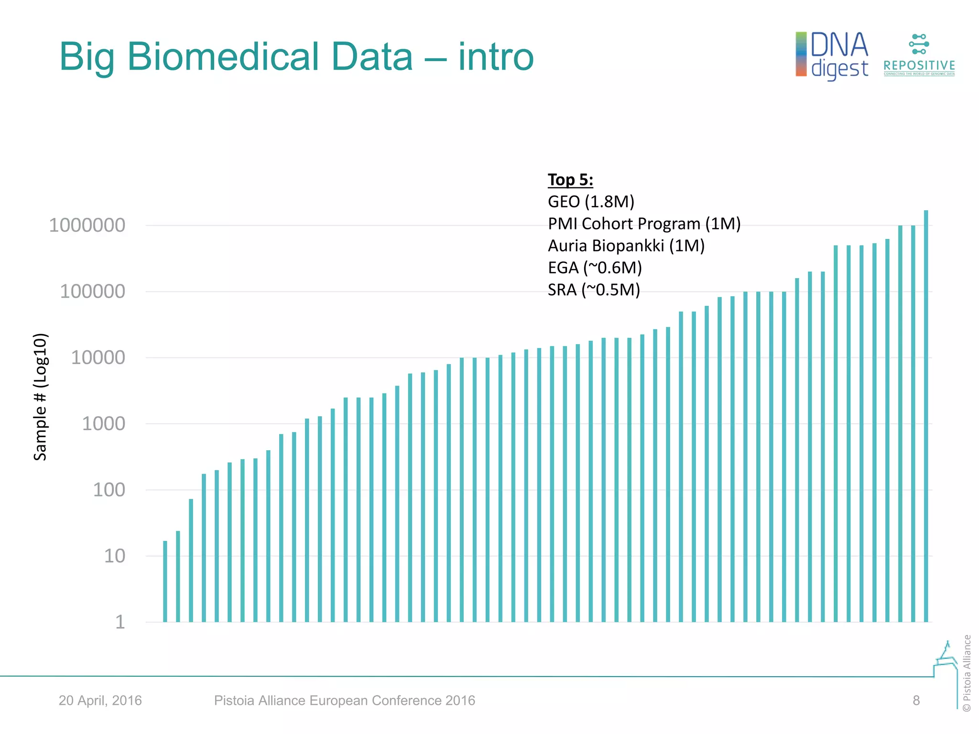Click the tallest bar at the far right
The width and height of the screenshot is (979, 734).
[926, 416]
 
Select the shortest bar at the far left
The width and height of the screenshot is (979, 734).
[165, 581]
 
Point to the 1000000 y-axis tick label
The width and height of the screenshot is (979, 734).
[87, 225]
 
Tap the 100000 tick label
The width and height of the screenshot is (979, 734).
[92, 291]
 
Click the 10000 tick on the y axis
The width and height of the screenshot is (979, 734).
[98, 357]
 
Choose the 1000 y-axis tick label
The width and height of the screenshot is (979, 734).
[103, 424]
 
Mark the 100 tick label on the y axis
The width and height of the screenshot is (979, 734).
[109, 490]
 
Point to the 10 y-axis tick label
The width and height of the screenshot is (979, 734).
[115, 556]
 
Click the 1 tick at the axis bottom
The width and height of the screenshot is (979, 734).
[120, 622]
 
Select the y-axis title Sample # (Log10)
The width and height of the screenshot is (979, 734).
[40, 397]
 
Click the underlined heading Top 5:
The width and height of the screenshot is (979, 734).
[570, 180]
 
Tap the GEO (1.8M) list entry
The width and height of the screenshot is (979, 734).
[591, 202]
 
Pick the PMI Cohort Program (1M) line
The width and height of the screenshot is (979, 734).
[644, 224]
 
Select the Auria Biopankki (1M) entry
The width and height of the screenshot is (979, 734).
[626, 246]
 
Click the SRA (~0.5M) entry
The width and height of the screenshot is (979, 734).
[593, 290]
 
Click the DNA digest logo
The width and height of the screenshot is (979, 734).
[832, 55]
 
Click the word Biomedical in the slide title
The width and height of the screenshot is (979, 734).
[270, 57]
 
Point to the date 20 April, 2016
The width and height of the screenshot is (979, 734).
[100, 701]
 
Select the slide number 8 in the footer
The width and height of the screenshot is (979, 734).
[916, 701]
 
